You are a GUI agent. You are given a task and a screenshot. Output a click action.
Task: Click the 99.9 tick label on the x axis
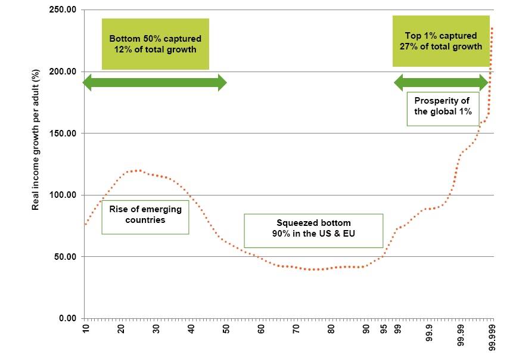[428, 334]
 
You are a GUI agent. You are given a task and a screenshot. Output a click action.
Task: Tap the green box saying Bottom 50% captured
[156, 44]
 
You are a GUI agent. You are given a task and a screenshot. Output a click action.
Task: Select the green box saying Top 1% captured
[440, 41]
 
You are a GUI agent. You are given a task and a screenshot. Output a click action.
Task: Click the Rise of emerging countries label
[145, 217]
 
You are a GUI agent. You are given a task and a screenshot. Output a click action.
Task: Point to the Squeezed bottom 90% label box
[313, 230]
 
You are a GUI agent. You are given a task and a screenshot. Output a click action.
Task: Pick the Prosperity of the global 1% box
[443, 108]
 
